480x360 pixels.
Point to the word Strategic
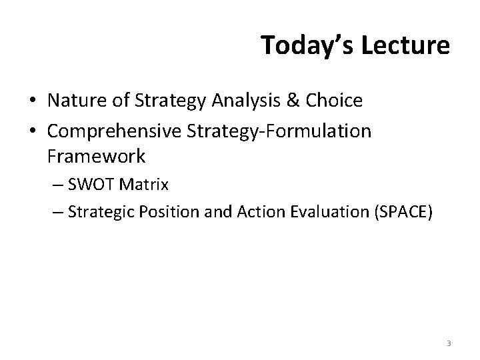[97, 213]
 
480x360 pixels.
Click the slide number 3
[449, 343]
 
